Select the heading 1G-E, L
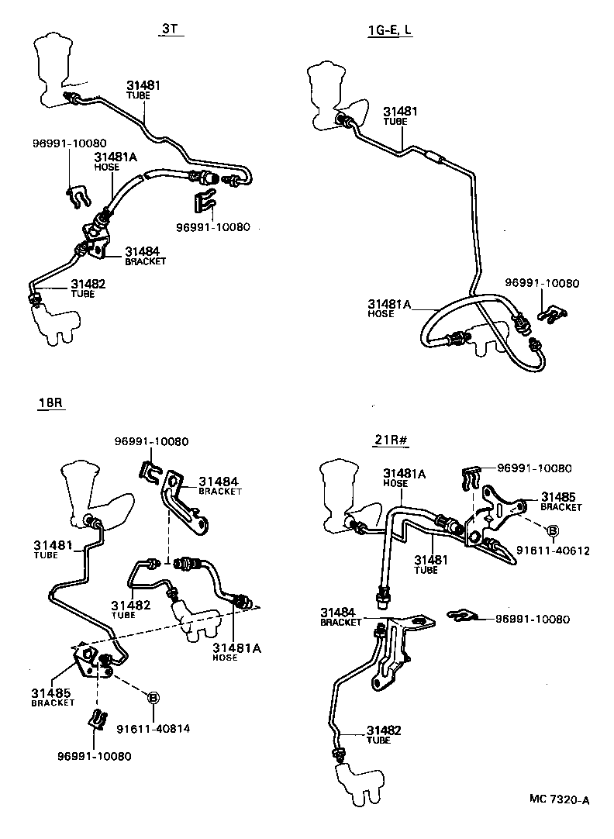pyautogui.click(x=390, y=30)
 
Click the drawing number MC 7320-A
pyautogui.click(x=560, y=799)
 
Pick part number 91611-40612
pyautogui.click(x=554, y=551)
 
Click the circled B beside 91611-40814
pyautogui.click(x=153, y=698)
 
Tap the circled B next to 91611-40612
pyautogui.click(x=553, y=530)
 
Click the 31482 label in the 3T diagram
pyautogui.click(x=88, y=284)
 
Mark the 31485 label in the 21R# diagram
pyautogui.click(x=558, y=496)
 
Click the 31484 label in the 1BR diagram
pyautogui.click(x=219, y=481)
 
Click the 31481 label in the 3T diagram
pyautogui.click(x=143, y=85)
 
